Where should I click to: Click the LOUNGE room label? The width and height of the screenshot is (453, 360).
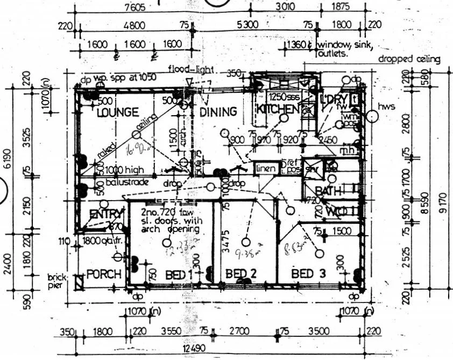[118, 113]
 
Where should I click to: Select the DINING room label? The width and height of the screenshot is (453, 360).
[218, 112]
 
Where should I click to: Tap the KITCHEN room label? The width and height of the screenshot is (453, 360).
[277, 109]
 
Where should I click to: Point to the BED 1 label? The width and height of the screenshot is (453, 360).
[179, 274]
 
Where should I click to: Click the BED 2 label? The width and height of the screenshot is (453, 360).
[240, 274]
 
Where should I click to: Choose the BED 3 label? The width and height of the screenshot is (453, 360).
[308, 274]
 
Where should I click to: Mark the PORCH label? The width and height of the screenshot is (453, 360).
[104, 274]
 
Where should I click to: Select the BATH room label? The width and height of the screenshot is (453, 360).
[325, 191]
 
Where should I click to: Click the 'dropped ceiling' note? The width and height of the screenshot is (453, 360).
[409, 59]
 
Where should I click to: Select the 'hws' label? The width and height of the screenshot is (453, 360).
[387, 107]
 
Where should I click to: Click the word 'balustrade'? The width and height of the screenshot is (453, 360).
[127, 182]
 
